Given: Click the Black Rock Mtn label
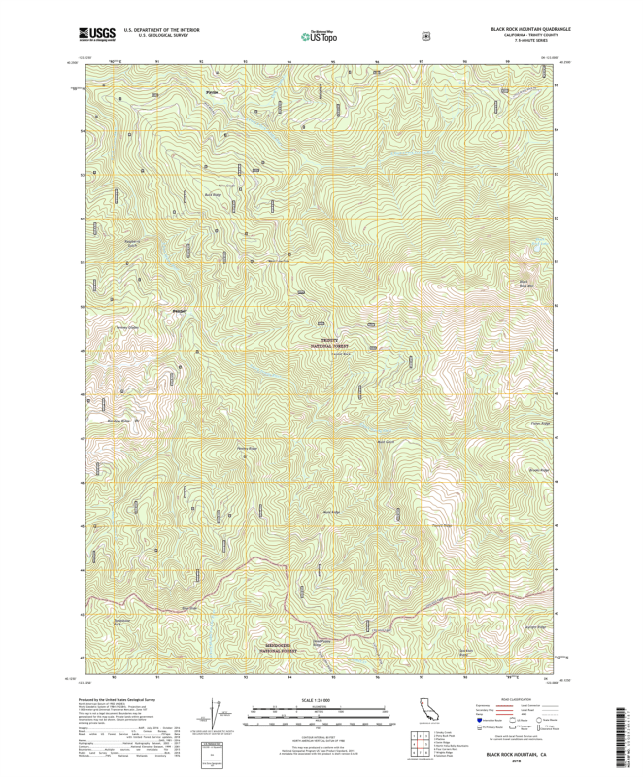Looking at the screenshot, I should [525, 284].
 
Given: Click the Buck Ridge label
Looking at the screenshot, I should [213, 194].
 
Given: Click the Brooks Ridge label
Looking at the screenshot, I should [539, 469].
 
